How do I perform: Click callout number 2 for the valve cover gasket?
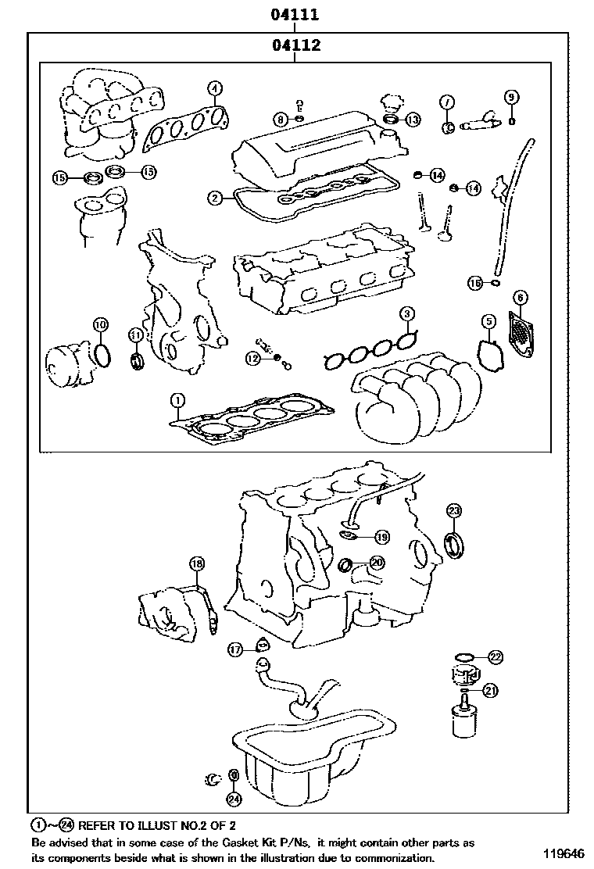[x=215, y=198]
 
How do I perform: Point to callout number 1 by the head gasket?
[x=178, y=401]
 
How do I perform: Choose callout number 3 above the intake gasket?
[x=407, y=314]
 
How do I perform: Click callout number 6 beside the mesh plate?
[x=521, y=297]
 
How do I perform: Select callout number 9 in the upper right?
[x=510, y=97]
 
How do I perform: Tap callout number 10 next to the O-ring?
[x=100, y=324]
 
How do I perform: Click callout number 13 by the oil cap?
[x=413, y=120]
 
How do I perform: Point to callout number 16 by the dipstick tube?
[x=475, y=283]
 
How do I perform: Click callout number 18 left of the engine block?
[x=197, y=563]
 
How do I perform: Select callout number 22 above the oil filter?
[x=496, y=657]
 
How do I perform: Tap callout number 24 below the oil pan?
[x=234, y=799]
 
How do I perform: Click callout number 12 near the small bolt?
[x=252, y=358]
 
